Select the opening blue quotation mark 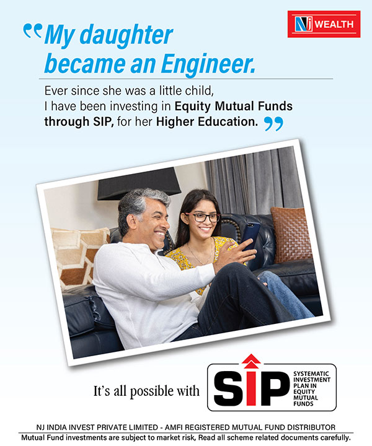click(32, 30)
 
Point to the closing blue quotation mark click(273, 124)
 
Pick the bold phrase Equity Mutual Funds click(233, 107)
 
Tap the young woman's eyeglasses click(203, 217)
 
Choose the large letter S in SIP click(229, 388)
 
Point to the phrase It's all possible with click(146, 391)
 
